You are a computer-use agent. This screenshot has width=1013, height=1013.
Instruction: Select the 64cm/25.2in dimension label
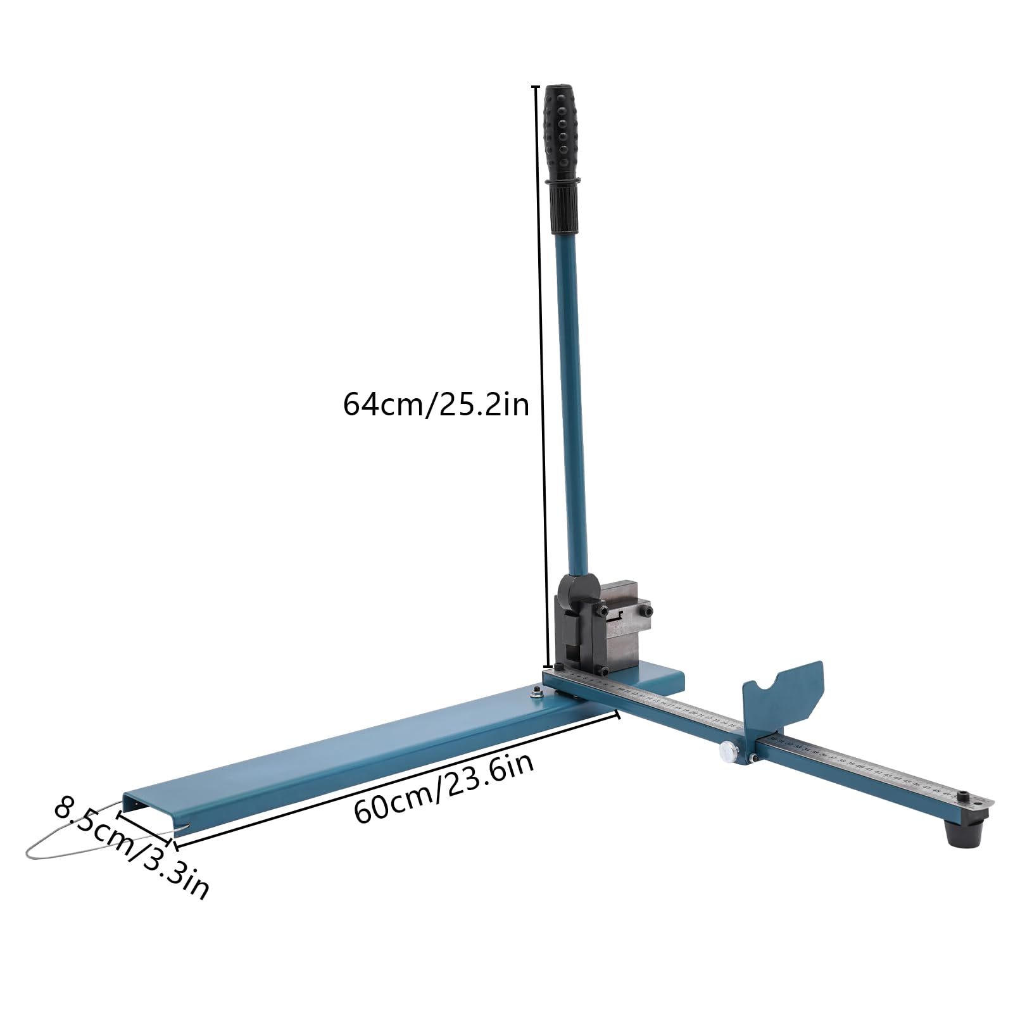point(436,404)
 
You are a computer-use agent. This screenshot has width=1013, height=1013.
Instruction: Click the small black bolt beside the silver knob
point(752,758)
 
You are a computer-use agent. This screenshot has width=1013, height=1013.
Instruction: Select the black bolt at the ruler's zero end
point(559,667)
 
